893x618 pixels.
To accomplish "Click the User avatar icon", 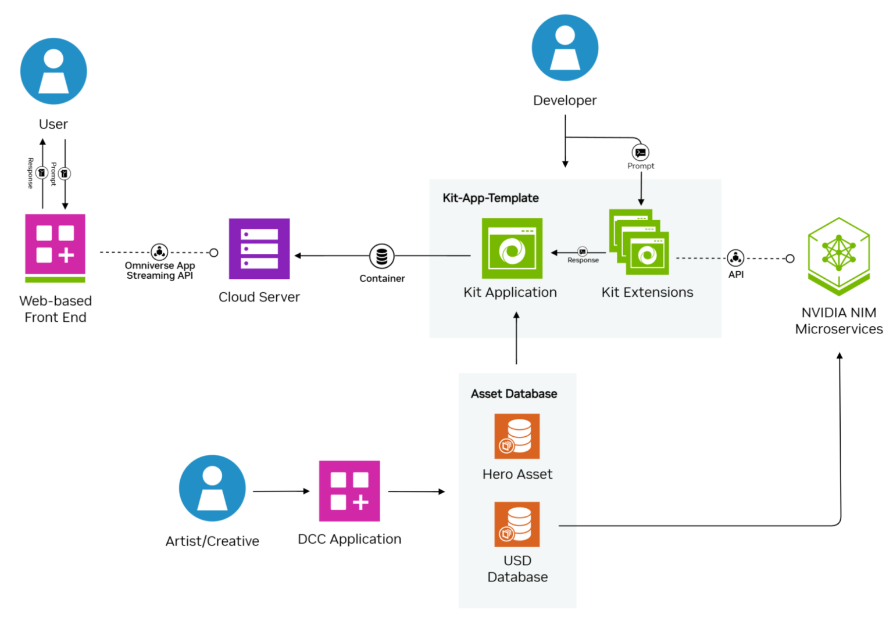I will (53, 71).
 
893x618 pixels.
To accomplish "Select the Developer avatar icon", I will (565, 48).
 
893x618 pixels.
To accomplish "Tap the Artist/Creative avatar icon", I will (212, 488).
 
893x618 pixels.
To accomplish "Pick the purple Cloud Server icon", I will (259, 249).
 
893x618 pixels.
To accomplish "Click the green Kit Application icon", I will (512, 249).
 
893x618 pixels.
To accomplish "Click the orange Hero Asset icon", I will (517, 436).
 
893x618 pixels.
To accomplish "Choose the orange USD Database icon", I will (517, 524).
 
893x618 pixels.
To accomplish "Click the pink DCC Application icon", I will (349, 491).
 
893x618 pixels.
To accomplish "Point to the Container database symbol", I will (382, 256).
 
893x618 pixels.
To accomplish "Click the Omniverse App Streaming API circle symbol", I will (159, 252).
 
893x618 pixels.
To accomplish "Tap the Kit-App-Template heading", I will (491, 198).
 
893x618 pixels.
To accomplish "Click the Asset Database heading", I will (514, 394).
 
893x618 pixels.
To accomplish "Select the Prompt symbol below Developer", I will (641, 153).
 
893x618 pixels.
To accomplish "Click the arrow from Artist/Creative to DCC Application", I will (281, 491).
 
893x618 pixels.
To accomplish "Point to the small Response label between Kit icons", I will (583, 260).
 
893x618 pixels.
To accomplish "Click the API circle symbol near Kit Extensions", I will (735, 258).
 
